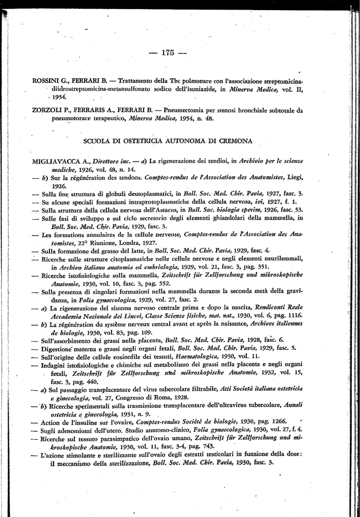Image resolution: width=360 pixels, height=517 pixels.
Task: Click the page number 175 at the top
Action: [169, 51]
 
